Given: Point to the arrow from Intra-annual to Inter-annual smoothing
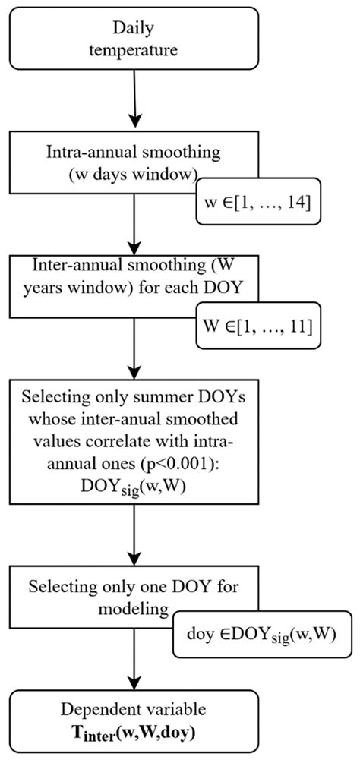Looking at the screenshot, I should tap(134, 232).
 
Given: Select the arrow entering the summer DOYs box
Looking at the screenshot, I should tap(134, 361).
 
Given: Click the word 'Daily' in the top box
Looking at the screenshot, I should tap(133, 29).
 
